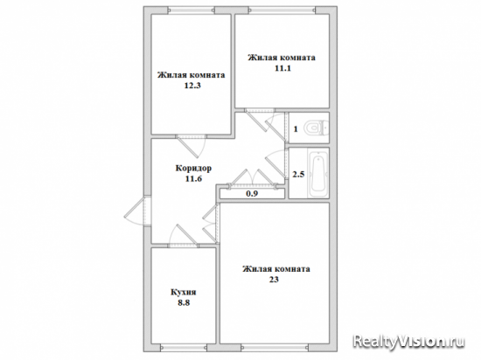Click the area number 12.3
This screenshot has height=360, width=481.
point(192,86)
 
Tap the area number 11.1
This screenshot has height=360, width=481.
point(282,68)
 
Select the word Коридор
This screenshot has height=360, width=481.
point(193,169)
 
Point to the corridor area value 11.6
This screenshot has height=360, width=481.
point(193,178)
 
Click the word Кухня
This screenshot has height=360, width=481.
point(183,292)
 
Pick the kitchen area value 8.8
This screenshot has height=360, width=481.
point(184,302)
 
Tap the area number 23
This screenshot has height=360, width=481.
point(275,280)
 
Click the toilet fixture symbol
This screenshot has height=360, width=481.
point(317,128)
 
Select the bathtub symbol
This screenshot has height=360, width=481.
point(318,173)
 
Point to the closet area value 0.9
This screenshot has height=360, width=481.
point(252,194)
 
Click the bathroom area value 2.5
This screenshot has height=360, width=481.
point(298,175)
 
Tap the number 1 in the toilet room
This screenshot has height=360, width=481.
point(296,129)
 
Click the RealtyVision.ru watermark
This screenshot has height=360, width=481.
point(409,341)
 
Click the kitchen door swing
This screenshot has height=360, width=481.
point(182,234)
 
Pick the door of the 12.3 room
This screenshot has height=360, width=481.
point(191,144)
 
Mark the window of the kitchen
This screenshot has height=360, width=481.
point(184,348)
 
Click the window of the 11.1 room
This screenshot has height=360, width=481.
point(282,10)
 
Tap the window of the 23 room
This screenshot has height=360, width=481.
point(275,348)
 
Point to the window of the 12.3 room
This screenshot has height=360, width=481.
point(192,10)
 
